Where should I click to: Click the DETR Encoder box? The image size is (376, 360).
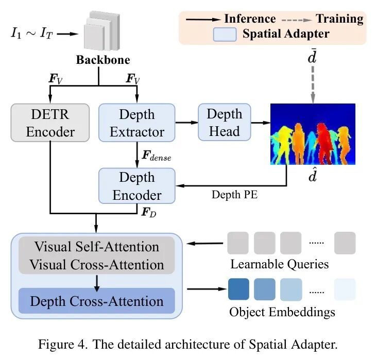pos(50,123)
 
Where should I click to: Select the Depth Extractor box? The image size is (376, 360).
pos(136,123)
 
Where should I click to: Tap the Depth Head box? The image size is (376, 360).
pos(224,123)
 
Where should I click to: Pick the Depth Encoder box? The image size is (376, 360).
pos(136,186)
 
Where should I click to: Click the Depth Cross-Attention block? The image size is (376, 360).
pos(97,301)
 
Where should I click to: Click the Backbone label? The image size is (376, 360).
pos(98,60)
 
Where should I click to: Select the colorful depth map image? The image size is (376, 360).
pos(313,133)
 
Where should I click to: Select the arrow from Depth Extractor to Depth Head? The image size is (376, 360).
pos(186,123)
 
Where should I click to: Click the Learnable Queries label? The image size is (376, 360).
pos(279,265)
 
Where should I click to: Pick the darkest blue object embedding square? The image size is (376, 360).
pos(238,289)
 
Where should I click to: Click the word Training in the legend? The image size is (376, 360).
pos(339,19)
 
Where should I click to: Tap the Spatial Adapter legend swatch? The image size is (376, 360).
pos(225,35)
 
